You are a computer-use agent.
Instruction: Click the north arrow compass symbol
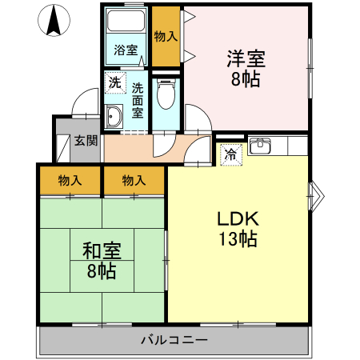tap(54, 21)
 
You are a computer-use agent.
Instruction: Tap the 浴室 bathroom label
tap(126, 50)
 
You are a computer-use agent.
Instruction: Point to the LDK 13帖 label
tap(236, 228)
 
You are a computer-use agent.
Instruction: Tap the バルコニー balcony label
tap(174, 340)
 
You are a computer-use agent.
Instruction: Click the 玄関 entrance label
tap(86, 142)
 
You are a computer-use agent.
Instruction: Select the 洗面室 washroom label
tap(138, 100)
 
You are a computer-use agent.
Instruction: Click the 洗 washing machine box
tap(114, 82)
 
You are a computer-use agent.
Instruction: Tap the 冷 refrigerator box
tap(230, 155)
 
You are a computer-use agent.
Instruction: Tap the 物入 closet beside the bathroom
tap(166, 37)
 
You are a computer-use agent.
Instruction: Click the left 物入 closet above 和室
tap(70, 181)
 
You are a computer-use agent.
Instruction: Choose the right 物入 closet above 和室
tap(134, 181)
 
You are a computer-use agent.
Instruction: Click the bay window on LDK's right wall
tap(315, 192)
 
